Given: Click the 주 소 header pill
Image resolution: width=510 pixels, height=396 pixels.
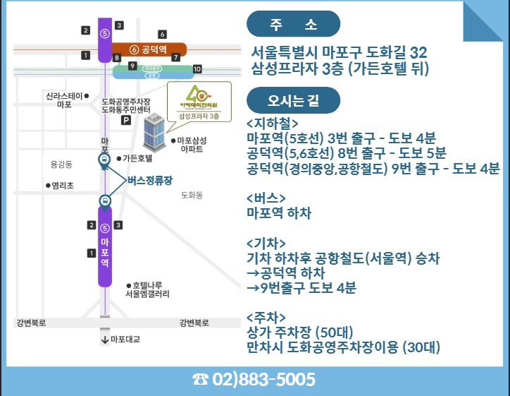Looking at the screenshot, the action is click(x=293, y=25).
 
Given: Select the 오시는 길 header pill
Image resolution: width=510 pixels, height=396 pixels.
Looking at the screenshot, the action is click(x=293, y=100).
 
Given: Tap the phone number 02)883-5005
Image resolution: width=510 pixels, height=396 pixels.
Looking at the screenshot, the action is click(x=254, y=380).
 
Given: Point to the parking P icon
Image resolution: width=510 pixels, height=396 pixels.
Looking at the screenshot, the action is click(x=126, y=121).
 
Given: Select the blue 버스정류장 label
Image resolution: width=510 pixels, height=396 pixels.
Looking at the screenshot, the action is click(x=151, y=179).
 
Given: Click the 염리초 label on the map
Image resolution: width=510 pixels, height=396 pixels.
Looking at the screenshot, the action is click(x=61, y=186).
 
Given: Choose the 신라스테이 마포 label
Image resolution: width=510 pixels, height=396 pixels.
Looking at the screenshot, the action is click(x=66, y=100).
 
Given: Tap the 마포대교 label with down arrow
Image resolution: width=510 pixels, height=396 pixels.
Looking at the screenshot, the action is click(x=121, y=339).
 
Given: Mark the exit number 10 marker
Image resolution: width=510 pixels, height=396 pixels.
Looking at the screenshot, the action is click(x=197, y=68).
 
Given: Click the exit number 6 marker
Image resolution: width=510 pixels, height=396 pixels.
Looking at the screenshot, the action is click(x=162, y=34).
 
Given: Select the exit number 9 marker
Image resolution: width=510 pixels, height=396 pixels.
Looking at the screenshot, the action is click(x=132, y=66).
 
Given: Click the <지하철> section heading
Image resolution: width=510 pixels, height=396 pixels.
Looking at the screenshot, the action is click(x=268, y=121).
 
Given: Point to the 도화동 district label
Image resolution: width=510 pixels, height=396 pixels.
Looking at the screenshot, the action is click(x=192, y=194).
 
